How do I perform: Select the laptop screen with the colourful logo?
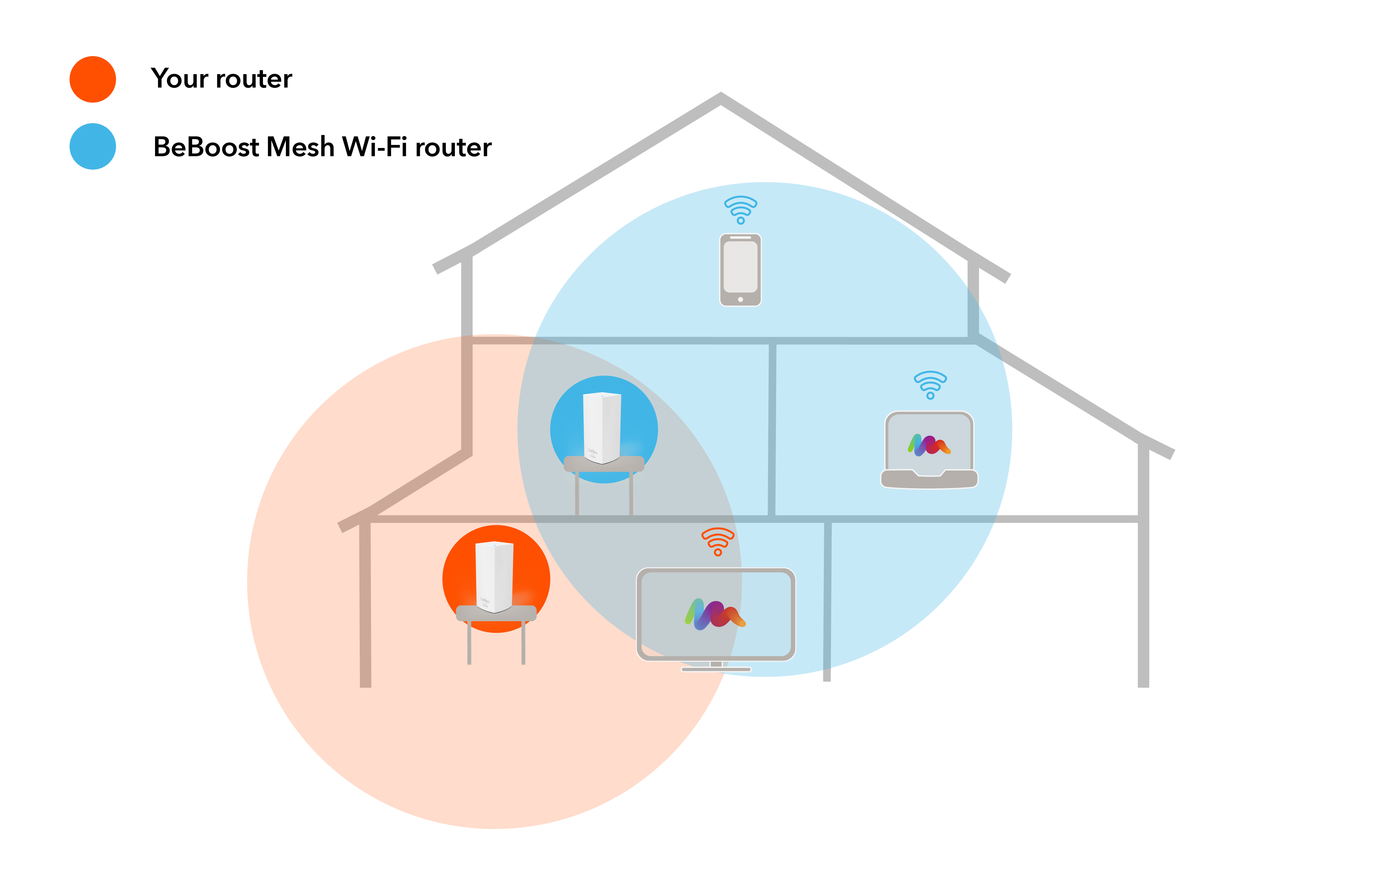point(929,442)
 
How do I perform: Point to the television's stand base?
point(716,669)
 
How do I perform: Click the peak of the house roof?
point(721,97)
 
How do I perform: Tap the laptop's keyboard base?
point(929,479)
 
